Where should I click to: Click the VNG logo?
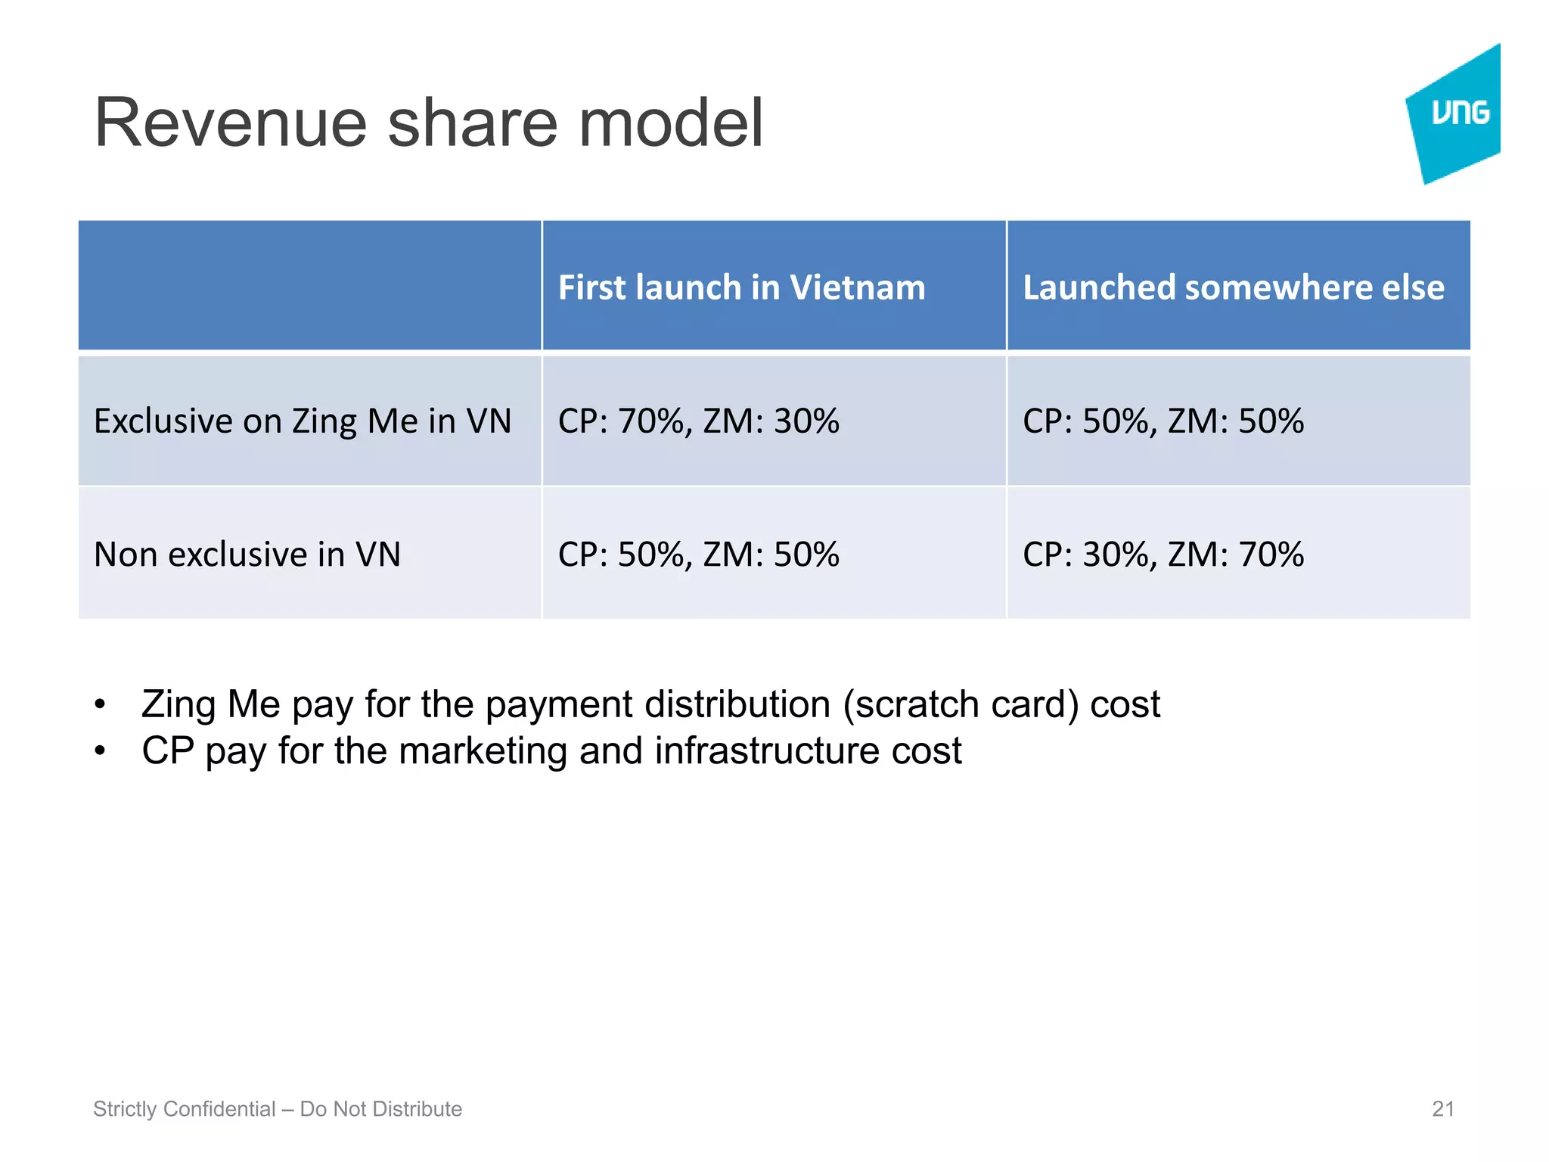(x=1456, y=113)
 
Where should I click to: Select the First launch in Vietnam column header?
(x=741, y=287)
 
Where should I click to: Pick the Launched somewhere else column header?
(x=1233, y=287)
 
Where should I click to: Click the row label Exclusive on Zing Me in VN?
(x=303, y=421)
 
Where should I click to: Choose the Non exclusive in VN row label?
(x=247, y=555)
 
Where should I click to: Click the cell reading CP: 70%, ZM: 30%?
(x=698, y=421)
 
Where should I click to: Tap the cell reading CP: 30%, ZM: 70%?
(x=1163, y=555)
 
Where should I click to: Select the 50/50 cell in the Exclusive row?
(x=1163, y=421)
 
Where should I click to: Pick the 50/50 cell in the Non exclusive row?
(x=698, y=555)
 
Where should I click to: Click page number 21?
(x=1443, y=1109)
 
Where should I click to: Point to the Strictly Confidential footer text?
(x=277, y=1109)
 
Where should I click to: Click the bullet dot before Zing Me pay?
(x=100, y=705)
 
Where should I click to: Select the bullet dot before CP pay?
(x=100, y=751)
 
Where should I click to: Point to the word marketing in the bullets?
(x=482, y=751)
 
